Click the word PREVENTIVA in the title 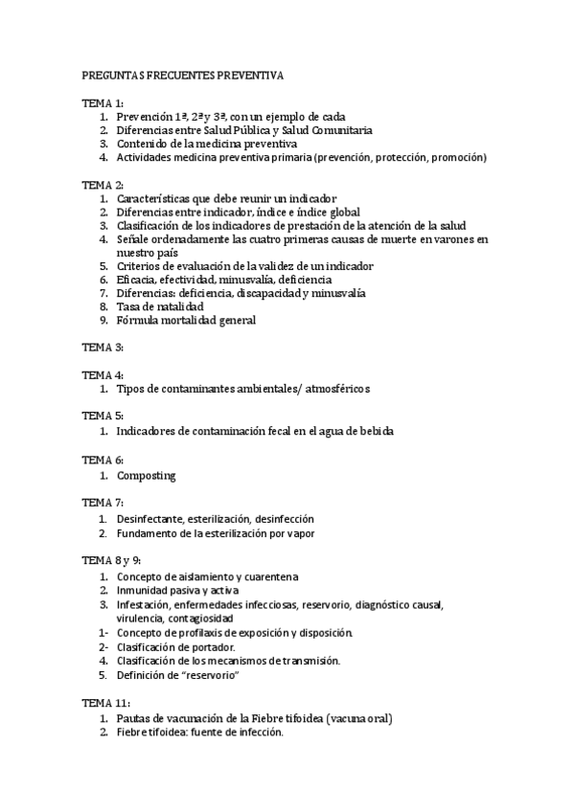[x=248, y=74]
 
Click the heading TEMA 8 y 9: [x=110, y=559]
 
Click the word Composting [x=147, y=475]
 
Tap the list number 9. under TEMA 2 [x=104, y=320]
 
